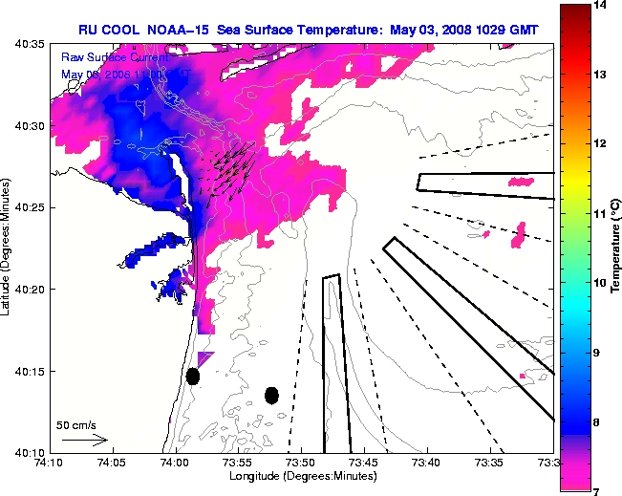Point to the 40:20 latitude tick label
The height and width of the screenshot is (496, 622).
30,289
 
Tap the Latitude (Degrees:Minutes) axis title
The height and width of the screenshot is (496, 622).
8,248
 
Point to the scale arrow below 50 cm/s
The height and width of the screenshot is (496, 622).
84,441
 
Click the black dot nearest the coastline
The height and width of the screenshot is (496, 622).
192,376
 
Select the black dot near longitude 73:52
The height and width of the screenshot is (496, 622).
271,395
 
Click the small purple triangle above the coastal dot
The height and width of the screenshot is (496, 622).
204,356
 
